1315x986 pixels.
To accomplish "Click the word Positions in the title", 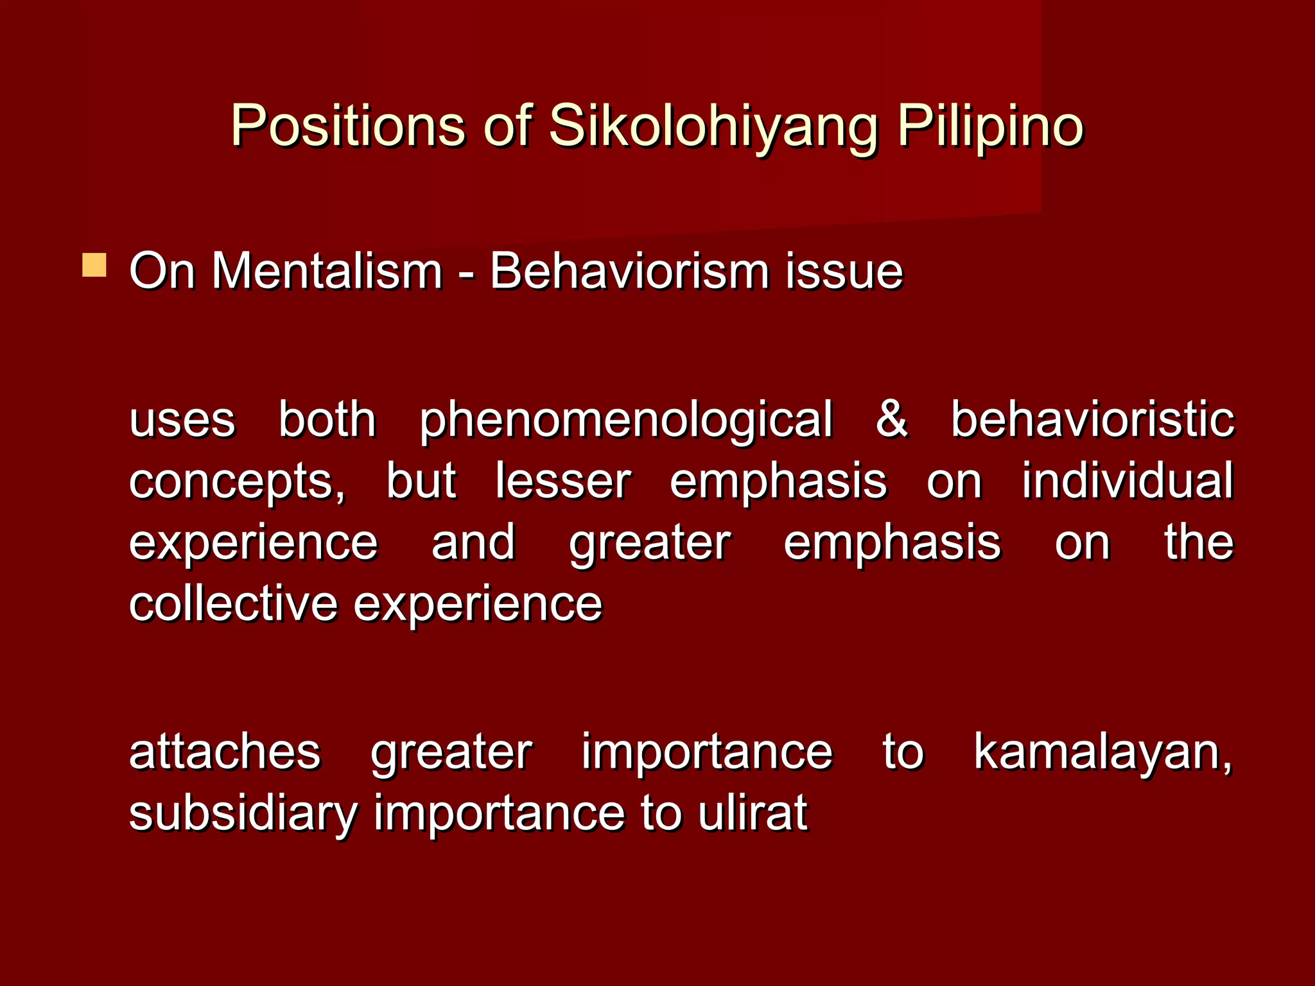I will click(x=347, y=125).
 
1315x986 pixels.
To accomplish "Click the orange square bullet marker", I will click(x=94, y=265).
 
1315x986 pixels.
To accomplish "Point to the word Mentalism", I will click(x=327, y=271).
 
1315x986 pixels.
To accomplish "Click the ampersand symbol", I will click(x=891, y=419).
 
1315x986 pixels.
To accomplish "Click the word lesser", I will click(x=563, y=481).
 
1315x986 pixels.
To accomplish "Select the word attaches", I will click(x=225, y=752).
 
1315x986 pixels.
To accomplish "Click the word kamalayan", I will click(x=1102, y=752).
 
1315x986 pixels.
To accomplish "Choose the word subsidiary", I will click(x=243, y=814).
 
